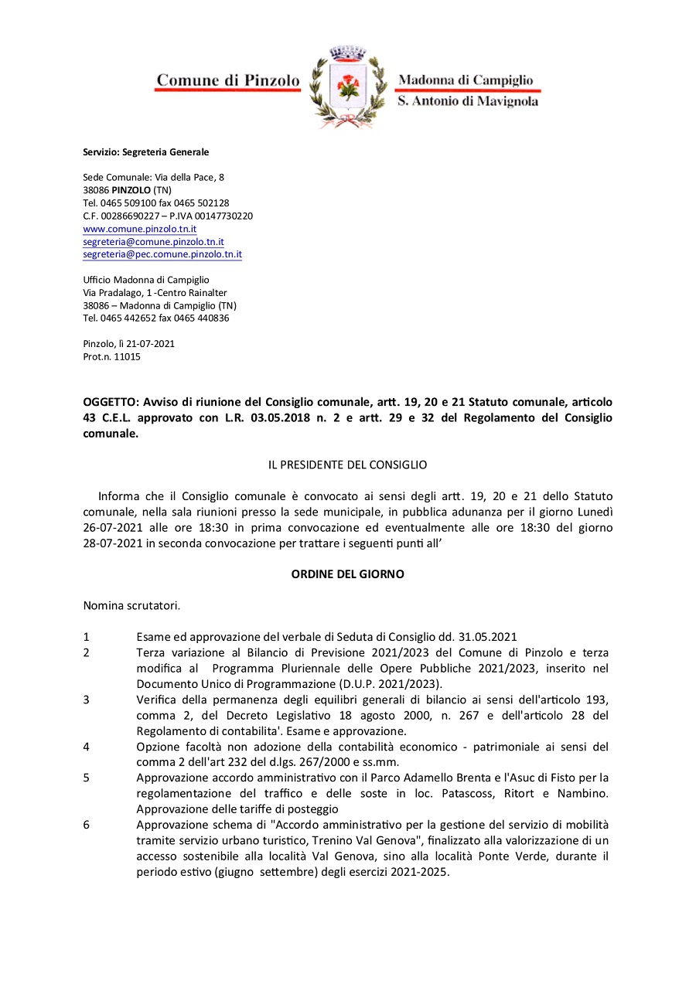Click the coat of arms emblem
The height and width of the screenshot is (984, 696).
pyautogui.click(x=348, y=87)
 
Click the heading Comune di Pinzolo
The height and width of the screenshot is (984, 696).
pyautogui.click(x=228, y=80)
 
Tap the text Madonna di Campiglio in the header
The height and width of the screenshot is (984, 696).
pyautogui.click(x=465, y=80)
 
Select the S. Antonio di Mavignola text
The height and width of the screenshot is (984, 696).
pyautogui.click(x=467, y=101)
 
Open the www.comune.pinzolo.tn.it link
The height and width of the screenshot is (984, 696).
pyautogui.click(x=140, y=229)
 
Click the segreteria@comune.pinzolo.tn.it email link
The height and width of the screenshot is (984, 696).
pyautogui.click(x=153, y=241)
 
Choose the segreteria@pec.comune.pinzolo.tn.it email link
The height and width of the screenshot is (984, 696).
pyautogui.click(x=162, y=254)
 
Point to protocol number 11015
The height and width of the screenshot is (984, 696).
pyautogui.click(x=128, y=356)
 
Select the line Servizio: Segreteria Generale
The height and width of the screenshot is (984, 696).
pyautogui.click(x=146, y=152)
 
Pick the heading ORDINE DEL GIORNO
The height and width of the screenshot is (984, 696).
pyautogui.click(x=347, y=574)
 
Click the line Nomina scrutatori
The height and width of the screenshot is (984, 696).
pyautogui.click(x=131, y=605)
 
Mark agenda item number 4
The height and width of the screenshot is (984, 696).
pyautogui.click(x=87, y=747)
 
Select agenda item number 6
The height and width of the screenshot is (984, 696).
pyautogui.click(x=87, y=824)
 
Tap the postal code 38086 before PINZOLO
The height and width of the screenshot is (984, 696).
pyautogui.click(x=96, y=189)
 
